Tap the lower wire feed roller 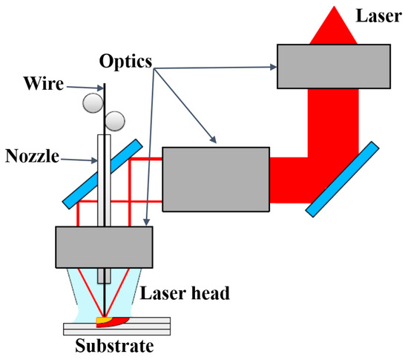[x=114, y=119]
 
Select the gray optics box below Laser [x=334, y=65]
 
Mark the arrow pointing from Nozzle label [x=81, y=158]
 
